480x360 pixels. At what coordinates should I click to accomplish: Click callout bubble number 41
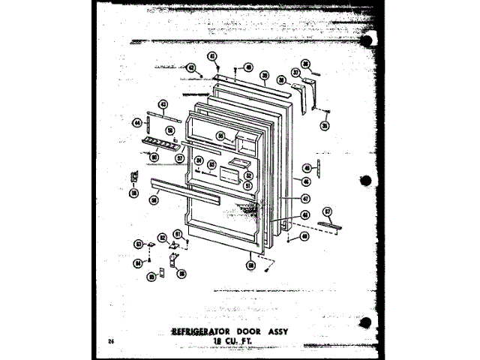212,56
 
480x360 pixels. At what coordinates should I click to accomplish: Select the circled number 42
191,67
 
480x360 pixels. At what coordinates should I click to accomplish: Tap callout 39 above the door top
265,75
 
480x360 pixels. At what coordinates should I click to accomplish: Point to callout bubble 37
296,73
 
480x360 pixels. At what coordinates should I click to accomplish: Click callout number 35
325,126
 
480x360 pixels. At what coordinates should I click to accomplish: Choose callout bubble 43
163,103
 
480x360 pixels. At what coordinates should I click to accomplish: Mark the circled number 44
138,121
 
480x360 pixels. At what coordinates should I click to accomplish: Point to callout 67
327,212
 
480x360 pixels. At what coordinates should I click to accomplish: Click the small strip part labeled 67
332,226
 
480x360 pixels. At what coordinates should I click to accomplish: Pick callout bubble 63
138,243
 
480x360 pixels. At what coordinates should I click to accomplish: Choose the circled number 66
181,274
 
